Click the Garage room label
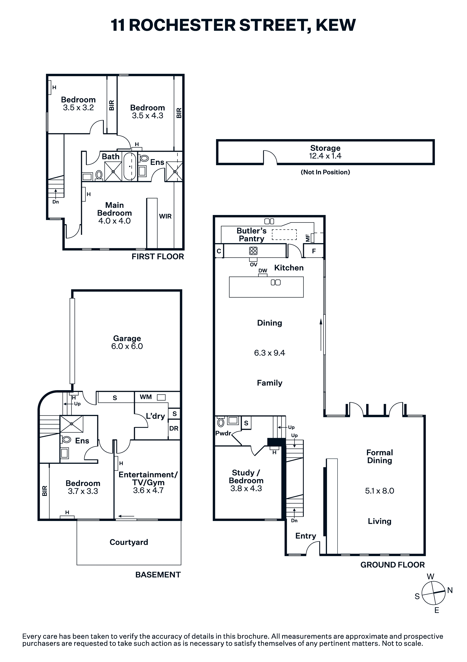click(127, 338)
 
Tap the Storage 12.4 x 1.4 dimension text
click(325, 156)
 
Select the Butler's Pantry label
click(252, 235)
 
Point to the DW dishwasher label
click(263, 271)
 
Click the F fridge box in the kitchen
click(314, 251)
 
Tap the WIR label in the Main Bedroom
click(165, 216)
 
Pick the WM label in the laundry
click(146, 397)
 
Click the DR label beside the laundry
click(174, 428)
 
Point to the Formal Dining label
click(380, 456)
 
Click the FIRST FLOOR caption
click(158, 257)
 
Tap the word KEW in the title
click(336, 25)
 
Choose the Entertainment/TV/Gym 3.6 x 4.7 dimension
click(148, 490)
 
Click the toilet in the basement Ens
click(66, 440)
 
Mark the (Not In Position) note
click(325, 172)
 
